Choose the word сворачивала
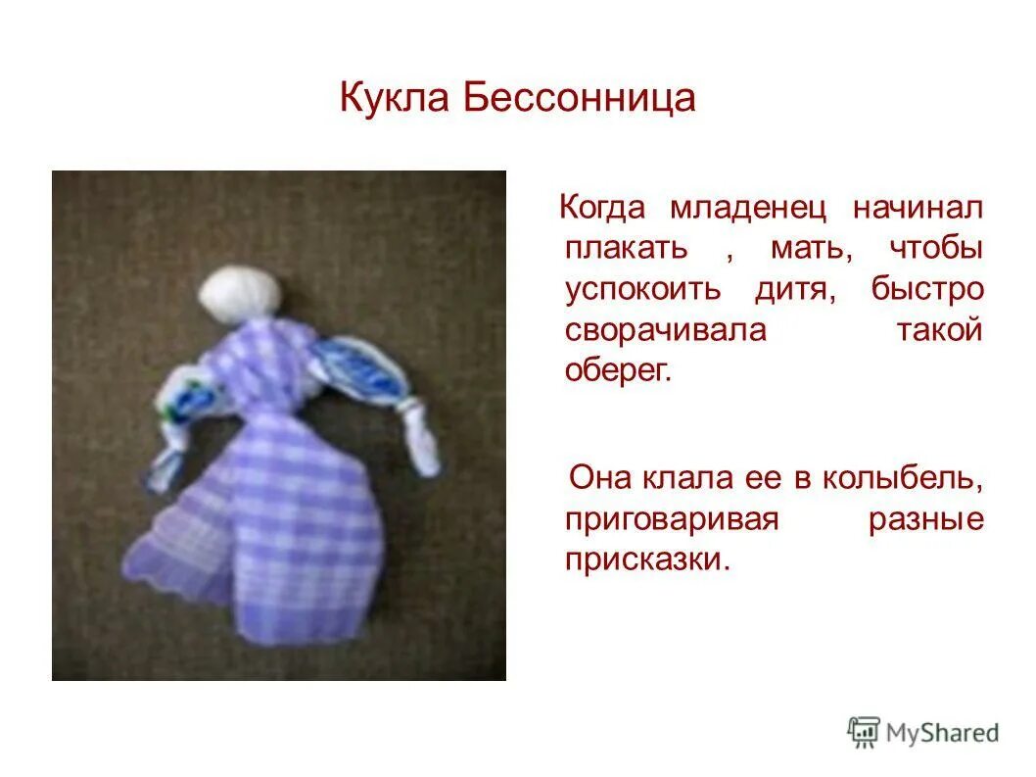666,331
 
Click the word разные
925,519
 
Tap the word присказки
647,560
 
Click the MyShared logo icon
864,731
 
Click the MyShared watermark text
942,732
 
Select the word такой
939,331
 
